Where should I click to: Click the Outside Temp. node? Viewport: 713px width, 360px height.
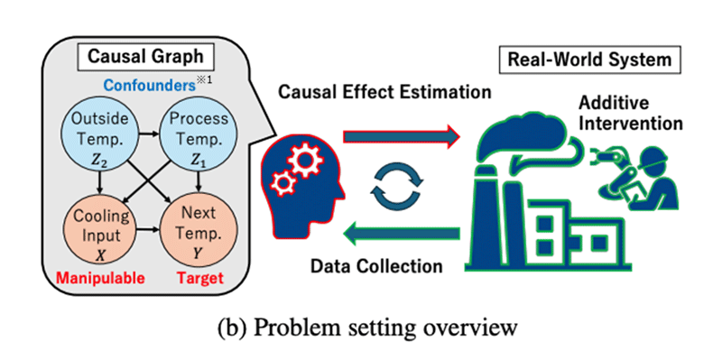click(100, 134)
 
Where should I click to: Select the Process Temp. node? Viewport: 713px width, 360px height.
click(199, 134)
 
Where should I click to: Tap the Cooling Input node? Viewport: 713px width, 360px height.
click(100, 232)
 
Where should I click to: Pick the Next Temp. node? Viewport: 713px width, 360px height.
click(199, 232)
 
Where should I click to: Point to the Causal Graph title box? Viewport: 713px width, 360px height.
click(145, 57)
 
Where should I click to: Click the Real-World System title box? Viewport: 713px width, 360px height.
click(589, 60)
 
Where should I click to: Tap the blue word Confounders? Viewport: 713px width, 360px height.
click(149, 86)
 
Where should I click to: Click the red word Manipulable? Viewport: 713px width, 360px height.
click(100, 278)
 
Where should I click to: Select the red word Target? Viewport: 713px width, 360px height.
click(200, 278)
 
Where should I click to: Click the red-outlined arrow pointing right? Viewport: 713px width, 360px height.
click(402, 136)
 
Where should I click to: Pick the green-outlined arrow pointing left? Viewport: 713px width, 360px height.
click(402, 234)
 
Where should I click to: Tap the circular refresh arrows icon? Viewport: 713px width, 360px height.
click(397, 184)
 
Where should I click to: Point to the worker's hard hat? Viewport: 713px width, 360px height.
click(653, 156)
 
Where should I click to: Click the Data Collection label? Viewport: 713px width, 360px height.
click(376, 266)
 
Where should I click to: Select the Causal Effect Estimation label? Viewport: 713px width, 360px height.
click(384, 92)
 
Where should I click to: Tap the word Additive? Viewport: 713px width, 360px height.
click(614, 103)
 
